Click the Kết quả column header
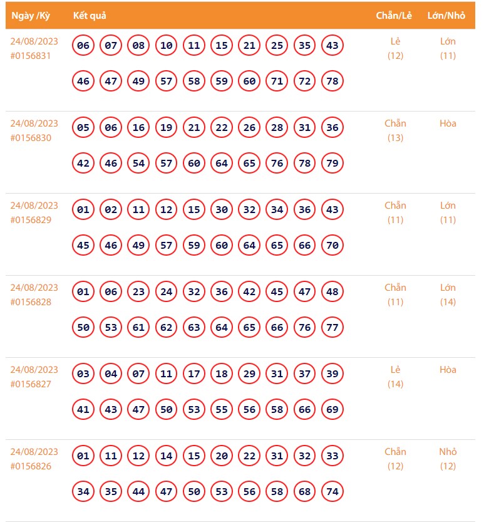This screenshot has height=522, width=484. pos(89,16)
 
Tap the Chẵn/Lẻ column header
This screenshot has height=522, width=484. pos(394,16)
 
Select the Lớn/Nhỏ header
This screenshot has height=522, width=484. pos(446,16)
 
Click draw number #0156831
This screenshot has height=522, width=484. pos(31,56)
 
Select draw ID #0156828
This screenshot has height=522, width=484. pos(31,302)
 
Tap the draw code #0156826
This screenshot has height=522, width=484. pos(31,466)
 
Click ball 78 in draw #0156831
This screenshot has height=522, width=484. pos(332,81)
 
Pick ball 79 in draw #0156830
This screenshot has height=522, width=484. pos(332,164)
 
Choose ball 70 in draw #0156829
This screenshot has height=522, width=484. pos(332,246)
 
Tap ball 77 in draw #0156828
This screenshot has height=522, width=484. pos(332,328)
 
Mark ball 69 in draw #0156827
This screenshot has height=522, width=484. pos(332,410)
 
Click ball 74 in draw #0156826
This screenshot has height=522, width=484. pos(332,492)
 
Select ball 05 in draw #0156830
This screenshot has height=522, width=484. pos(83,128)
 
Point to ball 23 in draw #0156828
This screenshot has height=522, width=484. pos(138,292)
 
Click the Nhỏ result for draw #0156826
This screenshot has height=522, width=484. pos(448,452)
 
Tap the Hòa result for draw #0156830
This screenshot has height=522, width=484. pos(448,123)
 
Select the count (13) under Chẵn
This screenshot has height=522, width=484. pos(395,138)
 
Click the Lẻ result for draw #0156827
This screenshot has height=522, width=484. pos(395,370)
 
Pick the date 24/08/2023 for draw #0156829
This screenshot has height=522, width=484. pos(34,206)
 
